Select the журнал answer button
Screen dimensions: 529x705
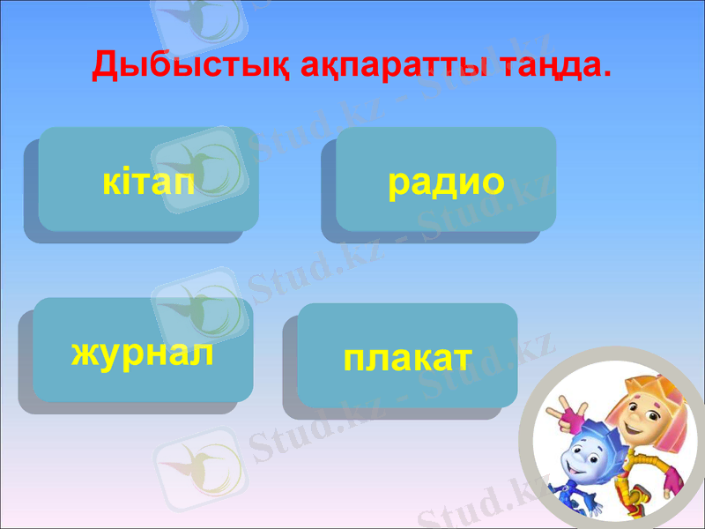click(x=143, y=350)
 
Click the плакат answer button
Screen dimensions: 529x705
click(x=407, y=355)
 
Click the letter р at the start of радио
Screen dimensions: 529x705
click(x=398, y=182)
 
